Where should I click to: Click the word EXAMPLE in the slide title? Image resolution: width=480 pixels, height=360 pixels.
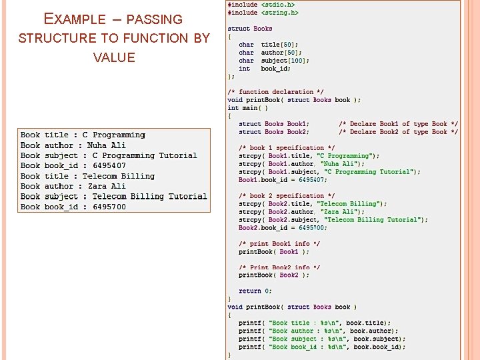[74, 19]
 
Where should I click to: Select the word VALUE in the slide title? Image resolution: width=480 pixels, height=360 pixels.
[114, 57]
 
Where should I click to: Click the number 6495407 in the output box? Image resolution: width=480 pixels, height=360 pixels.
[109, 165]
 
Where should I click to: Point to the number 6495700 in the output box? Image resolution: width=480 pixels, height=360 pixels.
[109, 207]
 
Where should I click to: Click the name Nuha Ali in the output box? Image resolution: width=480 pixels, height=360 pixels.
[106, 145]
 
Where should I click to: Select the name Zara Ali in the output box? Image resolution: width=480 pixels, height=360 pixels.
[107, 186]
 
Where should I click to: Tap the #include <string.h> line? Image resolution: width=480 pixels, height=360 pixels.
[263, 13]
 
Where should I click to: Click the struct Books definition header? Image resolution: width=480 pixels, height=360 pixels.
[250, 29]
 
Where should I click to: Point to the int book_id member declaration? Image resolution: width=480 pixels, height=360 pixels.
[265, 69]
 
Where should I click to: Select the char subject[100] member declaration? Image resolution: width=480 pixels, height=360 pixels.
[273, 61]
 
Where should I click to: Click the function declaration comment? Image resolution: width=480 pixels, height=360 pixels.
[275, 92]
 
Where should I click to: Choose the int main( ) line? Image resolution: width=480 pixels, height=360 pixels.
[247, 108]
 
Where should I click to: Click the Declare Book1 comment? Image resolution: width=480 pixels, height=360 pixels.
[398, 124]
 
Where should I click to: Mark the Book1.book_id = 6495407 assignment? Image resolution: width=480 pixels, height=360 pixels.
[283, 179]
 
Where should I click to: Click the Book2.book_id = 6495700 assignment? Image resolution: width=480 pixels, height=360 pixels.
[283, 227]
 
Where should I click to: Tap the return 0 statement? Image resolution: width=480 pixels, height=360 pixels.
[255, 291]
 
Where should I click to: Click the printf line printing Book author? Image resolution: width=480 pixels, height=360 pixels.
[318, 331]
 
